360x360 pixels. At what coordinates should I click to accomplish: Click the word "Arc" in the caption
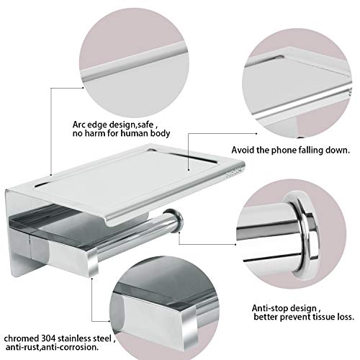[78, 125]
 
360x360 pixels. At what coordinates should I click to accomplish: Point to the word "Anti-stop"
[269, 308]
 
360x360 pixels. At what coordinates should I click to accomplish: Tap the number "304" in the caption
[49, 338]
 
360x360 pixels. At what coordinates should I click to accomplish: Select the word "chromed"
[22, 338]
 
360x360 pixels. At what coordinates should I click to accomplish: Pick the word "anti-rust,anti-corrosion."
[52, 347]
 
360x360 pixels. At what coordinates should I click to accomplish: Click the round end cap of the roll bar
[177, 220]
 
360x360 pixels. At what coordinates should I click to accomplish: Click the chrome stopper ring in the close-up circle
[304, 235]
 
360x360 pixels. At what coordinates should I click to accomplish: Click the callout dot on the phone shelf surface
[189, 170]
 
